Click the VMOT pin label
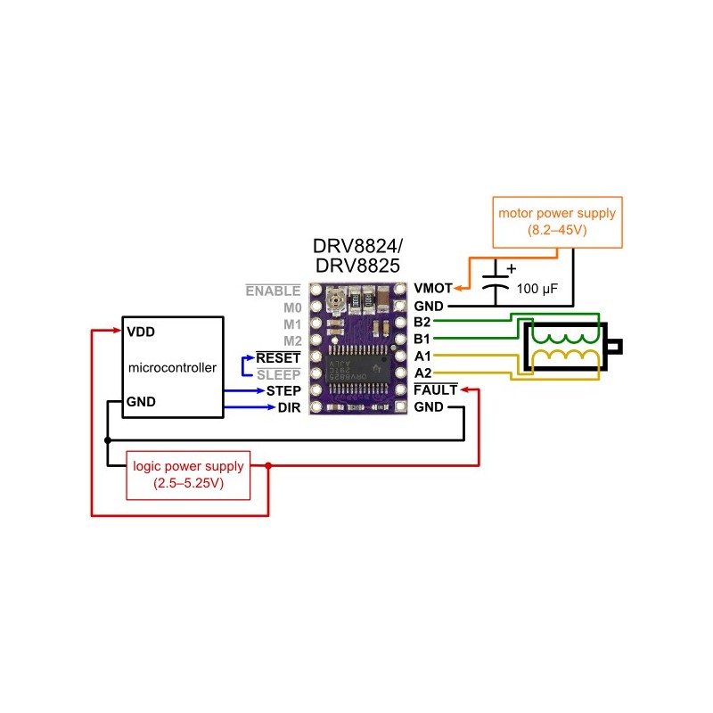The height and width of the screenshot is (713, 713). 432,289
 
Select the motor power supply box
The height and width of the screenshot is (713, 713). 557,223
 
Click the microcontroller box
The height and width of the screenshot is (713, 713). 172,366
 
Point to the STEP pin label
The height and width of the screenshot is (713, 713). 283,390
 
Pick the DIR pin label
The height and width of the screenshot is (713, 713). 288,407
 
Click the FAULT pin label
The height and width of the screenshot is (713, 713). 436,390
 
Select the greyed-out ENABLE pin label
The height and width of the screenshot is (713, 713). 273,290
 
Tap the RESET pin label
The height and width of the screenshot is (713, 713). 278,357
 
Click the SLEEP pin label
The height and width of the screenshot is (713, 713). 278,374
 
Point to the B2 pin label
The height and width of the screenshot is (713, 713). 422,323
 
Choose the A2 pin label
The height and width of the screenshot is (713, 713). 422,373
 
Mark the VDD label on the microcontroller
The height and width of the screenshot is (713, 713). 141,331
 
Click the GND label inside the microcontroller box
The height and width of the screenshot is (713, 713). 142,401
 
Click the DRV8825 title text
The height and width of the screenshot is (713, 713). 356,266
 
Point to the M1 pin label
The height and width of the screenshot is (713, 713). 291,324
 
